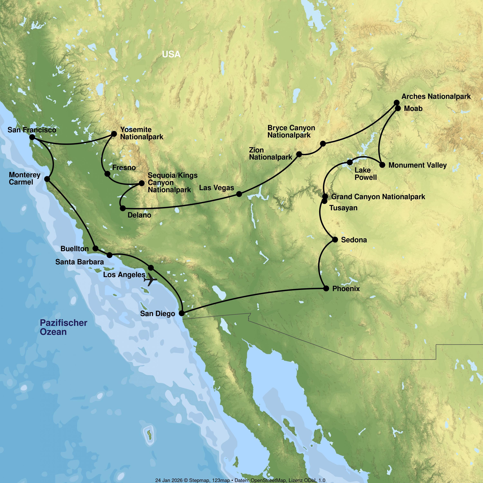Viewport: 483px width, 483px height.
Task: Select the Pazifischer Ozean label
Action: click(x=63, y=327)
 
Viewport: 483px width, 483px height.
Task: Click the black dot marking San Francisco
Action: click(x=32, y=137)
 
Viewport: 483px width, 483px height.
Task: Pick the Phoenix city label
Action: click(x=346, y=289)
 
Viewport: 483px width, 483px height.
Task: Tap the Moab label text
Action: click(x=413, y=109)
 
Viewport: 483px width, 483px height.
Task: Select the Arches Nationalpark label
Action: click(x=436, y=96)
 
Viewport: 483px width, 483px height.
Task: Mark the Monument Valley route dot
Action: click(x=382, y=165)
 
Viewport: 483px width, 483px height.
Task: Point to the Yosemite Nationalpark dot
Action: click(x=114, y=134)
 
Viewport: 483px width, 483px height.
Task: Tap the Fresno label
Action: click(x=124, y=167)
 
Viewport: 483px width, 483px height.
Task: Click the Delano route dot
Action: click(x=123, y=208)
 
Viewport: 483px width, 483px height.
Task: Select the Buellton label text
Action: click(x=75, y=249)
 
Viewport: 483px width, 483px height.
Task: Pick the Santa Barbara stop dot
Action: click(x=109, y=255)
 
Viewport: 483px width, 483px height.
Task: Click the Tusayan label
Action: click(x=343, y=208)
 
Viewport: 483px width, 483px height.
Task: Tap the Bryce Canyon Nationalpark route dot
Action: click(x=323, y=143)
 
